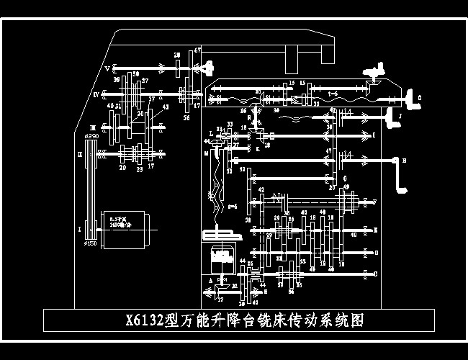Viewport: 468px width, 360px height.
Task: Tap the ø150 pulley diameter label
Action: click(91, 244)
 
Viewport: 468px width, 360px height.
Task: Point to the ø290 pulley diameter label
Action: click(91, 135)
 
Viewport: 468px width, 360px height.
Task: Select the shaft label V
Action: click(107, 69)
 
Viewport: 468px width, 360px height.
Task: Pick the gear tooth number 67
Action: click(196, 50)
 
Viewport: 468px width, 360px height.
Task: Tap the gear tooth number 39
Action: click(117, 81)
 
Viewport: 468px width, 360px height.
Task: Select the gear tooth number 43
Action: click(166, 107)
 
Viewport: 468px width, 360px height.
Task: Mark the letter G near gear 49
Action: click(345, 178)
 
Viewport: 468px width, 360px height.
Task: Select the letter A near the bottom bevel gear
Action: click(210, 279)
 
